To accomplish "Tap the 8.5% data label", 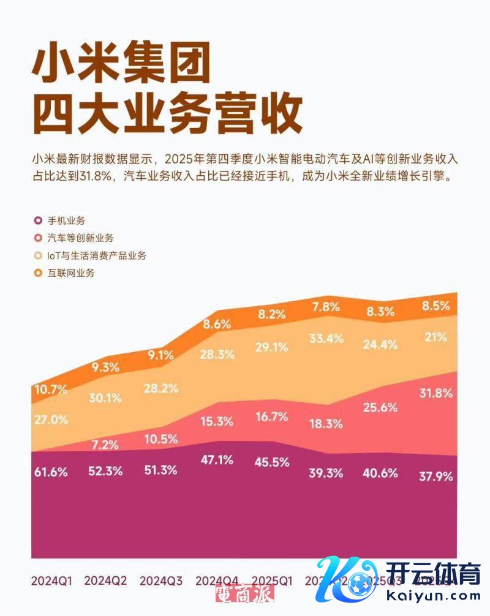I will (437, 304).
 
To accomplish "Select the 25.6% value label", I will (380, 407).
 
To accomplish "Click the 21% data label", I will (437, 336).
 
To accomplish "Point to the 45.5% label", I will (271, 462).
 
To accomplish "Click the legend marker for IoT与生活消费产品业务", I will (37, 255).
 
